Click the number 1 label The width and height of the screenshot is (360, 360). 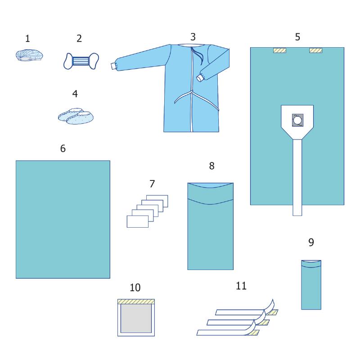[x=27, y=39]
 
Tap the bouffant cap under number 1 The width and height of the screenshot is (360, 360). [x=29, y=55]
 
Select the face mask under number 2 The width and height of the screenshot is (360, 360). [x=81, y=61]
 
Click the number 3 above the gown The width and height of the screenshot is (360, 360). [x=193, y=37]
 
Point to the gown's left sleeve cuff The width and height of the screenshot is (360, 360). [x=113, y=66]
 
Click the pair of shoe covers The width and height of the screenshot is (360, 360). [x=76, y=116]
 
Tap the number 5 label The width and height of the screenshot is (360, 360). [x=297, y=37]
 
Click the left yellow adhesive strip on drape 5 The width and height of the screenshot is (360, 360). [x=279, y=50]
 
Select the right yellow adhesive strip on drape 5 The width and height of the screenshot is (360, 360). [x=316, y=50]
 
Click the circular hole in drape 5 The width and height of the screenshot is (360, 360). [x=297, y=120]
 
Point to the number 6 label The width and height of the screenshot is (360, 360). [x=63, y=148]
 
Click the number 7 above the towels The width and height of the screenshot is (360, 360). [x=152, y=184]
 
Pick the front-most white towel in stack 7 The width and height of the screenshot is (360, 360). [x=138, y=221]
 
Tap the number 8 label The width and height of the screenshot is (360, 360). [x=211, y=166]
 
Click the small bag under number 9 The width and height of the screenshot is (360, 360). [x=311, y=285]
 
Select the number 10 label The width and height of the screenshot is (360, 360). [x=135, y=288]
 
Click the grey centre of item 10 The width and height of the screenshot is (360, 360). [x=136, y=318]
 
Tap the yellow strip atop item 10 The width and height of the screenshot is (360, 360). [x=136, y=301]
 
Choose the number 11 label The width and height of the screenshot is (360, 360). [x=241, y=286]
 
